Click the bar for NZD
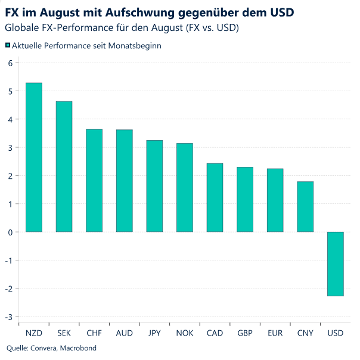click(x=34, y=157)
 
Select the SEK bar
click(x=64, y=166)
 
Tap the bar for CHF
click(x=94, y=181)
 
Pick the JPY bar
click(x=154, y=186)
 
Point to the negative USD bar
click(x=336, y=263)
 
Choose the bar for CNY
click(x=305, y=206)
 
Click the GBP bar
click(x=245, y=199)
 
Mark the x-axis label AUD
click(x=124, y=333)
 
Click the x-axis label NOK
click(x=185, y=333)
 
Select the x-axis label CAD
click(x=215, y=333)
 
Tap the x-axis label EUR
click(x=275, y=333)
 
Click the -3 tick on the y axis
click(x=8, y=316)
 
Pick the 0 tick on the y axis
click(x=10, y=232)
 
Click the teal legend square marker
click(x=8, y=45)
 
